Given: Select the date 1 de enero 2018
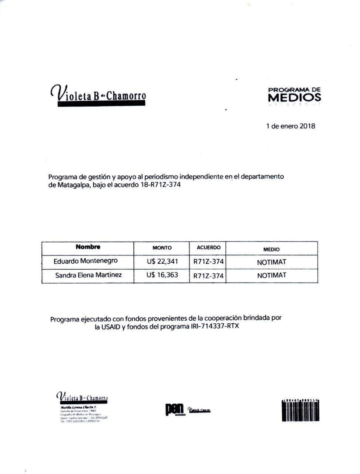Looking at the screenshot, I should pyautogui.click(x=290, y=126).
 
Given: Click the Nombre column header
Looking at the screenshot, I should pyautogui.click(x=88, y=247).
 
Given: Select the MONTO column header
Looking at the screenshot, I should pyautogui.click(x=162, y=248).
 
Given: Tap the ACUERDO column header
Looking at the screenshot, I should pyautogui.click(x=208, y=247).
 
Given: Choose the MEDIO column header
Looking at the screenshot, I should pyautogui.click(x=271, y=249).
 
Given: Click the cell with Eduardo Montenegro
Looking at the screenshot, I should pyautogui.click(x=85, y=261).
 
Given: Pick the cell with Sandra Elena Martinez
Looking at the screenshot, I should pyautogui.click(x=88, y=275).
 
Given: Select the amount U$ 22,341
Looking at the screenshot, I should pyautogui.click(x=162, y=261).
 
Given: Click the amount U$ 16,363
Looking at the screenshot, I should pyautogui.click(x=162, y=275).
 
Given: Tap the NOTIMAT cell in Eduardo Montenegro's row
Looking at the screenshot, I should pyautogui.click(x=272, y=262).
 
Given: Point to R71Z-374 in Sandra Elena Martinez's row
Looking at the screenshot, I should pyautogui.click(x=208, y=276).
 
